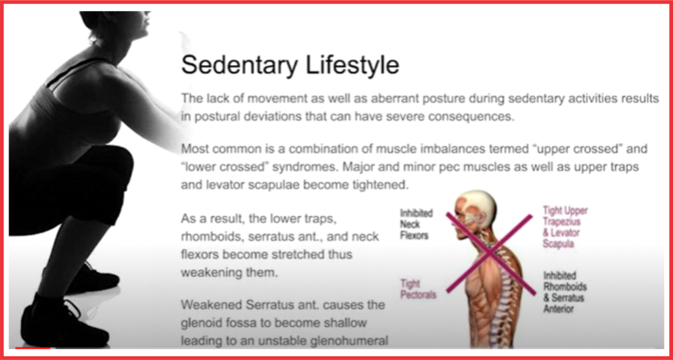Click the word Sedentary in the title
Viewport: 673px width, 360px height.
coord(239,65)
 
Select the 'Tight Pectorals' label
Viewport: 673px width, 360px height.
coord(418,289)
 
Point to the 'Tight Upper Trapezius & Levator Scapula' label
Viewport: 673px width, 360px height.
coord(565,227)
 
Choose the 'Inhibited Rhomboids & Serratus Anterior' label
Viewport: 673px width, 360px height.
coord(565,291)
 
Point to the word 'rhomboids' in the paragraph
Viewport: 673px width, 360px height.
coord(208,236)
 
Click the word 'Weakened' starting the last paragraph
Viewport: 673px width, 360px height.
coord(208,305)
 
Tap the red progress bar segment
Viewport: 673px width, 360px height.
coord(33,348)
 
